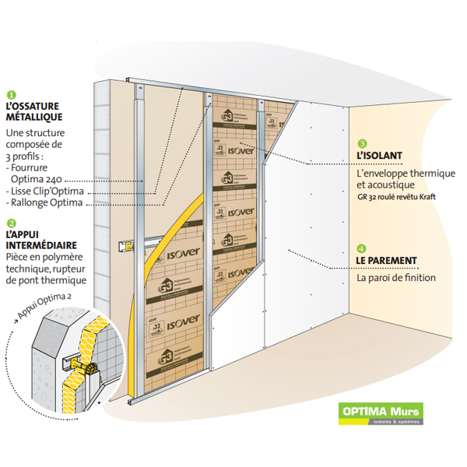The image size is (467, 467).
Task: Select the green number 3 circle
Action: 363,144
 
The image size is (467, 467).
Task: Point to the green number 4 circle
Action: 363,248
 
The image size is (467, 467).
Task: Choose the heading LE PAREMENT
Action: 387,260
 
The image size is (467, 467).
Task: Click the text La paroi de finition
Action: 396,277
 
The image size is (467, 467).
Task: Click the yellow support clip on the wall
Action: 125,247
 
